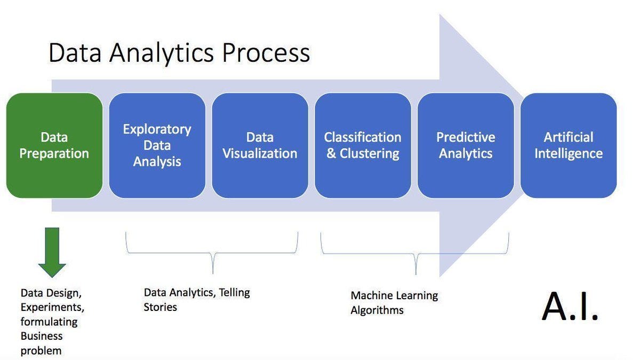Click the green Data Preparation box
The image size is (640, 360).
[x=54, y=146]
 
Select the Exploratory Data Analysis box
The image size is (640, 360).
[x=157, y=146]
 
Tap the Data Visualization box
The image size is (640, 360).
[x=260, y=146]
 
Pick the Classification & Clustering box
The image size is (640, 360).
[x=363, y=146]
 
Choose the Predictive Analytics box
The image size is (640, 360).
[x=466, y=146]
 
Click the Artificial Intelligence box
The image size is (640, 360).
[x=569, y=146]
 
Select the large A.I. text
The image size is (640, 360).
[x=570, y=307]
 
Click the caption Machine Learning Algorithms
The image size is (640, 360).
[x=394, y=302]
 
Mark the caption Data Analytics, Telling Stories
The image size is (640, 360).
[x=196, y=299]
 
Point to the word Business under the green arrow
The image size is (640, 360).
[x=42, y=336]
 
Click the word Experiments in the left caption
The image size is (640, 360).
[x=52, y=308]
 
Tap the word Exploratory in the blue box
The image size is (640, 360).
[x=157, y=130]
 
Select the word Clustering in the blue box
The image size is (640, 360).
[x=370, y=154]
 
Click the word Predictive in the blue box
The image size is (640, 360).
[x=466, y=138]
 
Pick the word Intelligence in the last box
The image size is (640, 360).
[x=569, y=154]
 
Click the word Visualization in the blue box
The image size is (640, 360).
[x=260, y=154]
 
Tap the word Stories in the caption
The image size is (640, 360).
[x=160, y=307]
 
